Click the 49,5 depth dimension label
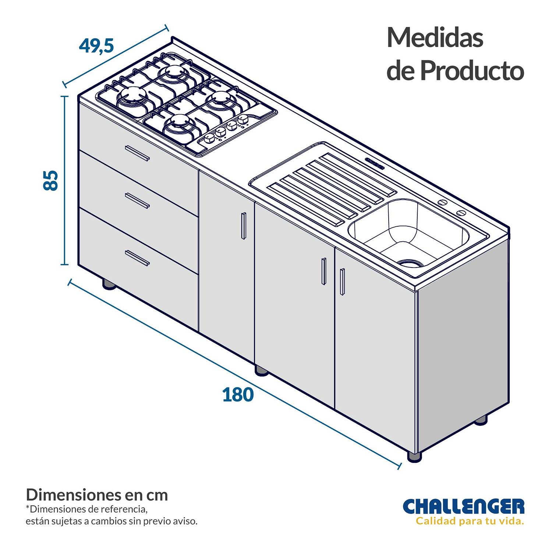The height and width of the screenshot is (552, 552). point(96,46)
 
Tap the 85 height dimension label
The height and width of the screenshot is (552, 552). point(51,180)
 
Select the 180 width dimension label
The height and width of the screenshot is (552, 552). point(238,394)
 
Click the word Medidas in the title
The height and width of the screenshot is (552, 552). point(435,38)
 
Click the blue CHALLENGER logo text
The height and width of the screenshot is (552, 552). point(464,506)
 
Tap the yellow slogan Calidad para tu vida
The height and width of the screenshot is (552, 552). point(470,521)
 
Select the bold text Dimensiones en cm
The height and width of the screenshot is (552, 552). point(97,495)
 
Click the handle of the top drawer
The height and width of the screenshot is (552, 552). point(137,153)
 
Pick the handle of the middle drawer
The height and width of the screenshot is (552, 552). point(137,201)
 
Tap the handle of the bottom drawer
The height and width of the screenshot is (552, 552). point(137,258)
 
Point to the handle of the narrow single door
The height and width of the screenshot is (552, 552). point(243,226)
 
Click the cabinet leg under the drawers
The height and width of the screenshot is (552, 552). point(109,284)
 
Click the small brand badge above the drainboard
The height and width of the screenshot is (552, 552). point(375,163)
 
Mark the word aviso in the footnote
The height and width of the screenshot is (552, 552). point(187,521)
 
